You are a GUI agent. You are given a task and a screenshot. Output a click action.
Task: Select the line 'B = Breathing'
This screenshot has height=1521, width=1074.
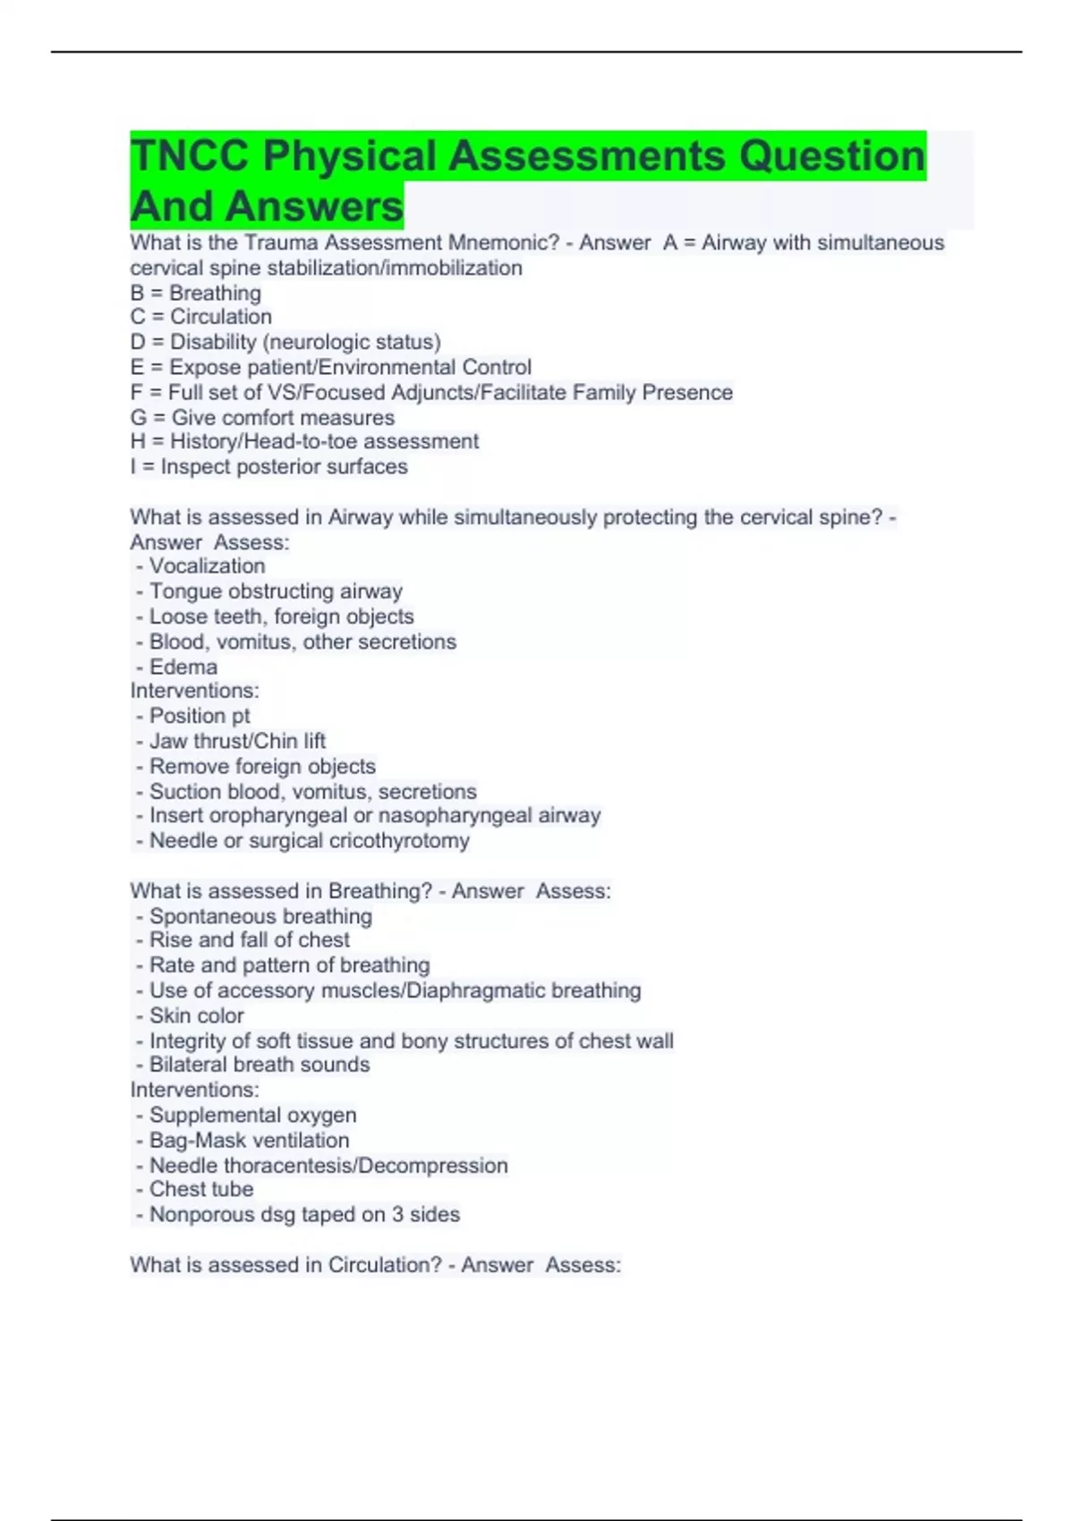click(x=196, y=293)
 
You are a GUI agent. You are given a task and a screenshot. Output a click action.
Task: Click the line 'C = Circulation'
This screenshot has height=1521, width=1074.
click(x=201, y=317)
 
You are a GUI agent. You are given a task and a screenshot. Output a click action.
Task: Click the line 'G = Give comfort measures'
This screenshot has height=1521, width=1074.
click(x=262, y=418)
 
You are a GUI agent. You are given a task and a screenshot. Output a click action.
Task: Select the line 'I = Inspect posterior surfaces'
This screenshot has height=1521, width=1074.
click(x=268, y=467)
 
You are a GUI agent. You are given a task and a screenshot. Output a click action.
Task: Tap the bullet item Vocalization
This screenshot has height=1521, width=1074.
click(x=207, y=566)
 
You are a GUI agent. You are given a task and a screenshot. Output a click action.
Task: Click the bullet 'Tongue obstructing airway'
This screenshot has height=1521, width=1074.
click(x=276, y=591)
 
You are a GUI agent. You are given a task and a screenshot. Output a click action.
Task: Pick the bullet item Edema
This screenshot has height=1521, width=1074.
click(x=183, y=667)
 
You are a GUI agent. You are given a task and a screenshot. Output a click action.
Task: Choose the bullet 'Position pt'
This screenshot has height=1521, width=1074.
click(x=199, y=716)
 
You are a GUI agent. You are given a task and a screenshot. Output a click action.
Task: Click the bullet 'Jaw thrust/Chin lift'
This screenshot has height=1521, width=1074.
click(x=237, y=741)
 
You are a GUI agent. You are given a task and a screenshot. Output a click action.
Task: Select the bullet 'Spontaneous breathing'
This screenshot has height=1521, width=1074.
click(x=260, y=916)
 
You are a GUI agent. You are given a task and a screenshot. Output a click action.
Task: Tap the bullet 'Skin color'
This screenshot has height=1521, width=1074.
click(x=196, y=1015)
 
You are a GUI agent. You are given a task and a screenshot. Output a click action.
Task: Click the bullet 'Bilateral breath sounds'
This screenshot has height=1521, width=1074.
click(x=259, y=1065)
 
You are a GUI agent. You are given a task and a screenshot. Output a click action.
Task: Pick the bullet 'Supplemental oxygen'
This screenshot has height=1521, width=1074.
click(x=252, y=1115)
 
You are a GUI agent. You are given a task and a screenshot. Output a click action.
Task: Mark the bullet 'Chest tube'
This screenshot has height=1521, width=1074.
click(x=201, y=1189)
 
